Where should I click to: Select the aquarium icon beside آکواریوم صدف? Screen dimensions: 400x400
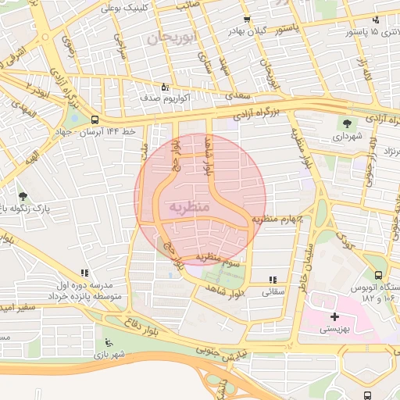pos(163,87)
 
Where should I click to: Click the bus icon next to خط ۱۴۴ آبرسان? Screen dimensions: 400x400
pos(95,120)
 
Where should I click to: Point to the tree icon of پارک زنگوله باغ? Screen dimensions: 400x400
pos(22,196)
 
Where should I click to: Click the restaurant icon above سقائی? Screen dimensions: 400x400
pos(272,279)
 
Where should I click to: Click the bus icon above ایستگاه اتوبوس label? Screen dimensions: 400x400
pos(379,275)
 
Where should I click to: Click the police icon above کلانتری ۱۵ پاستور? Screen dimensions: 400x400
pos(375,20)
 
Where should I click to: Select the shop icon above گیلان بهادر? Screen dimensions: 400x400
pos(247,20)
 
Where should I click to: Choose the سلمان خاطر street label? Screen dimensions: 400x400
pos(305,255)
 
